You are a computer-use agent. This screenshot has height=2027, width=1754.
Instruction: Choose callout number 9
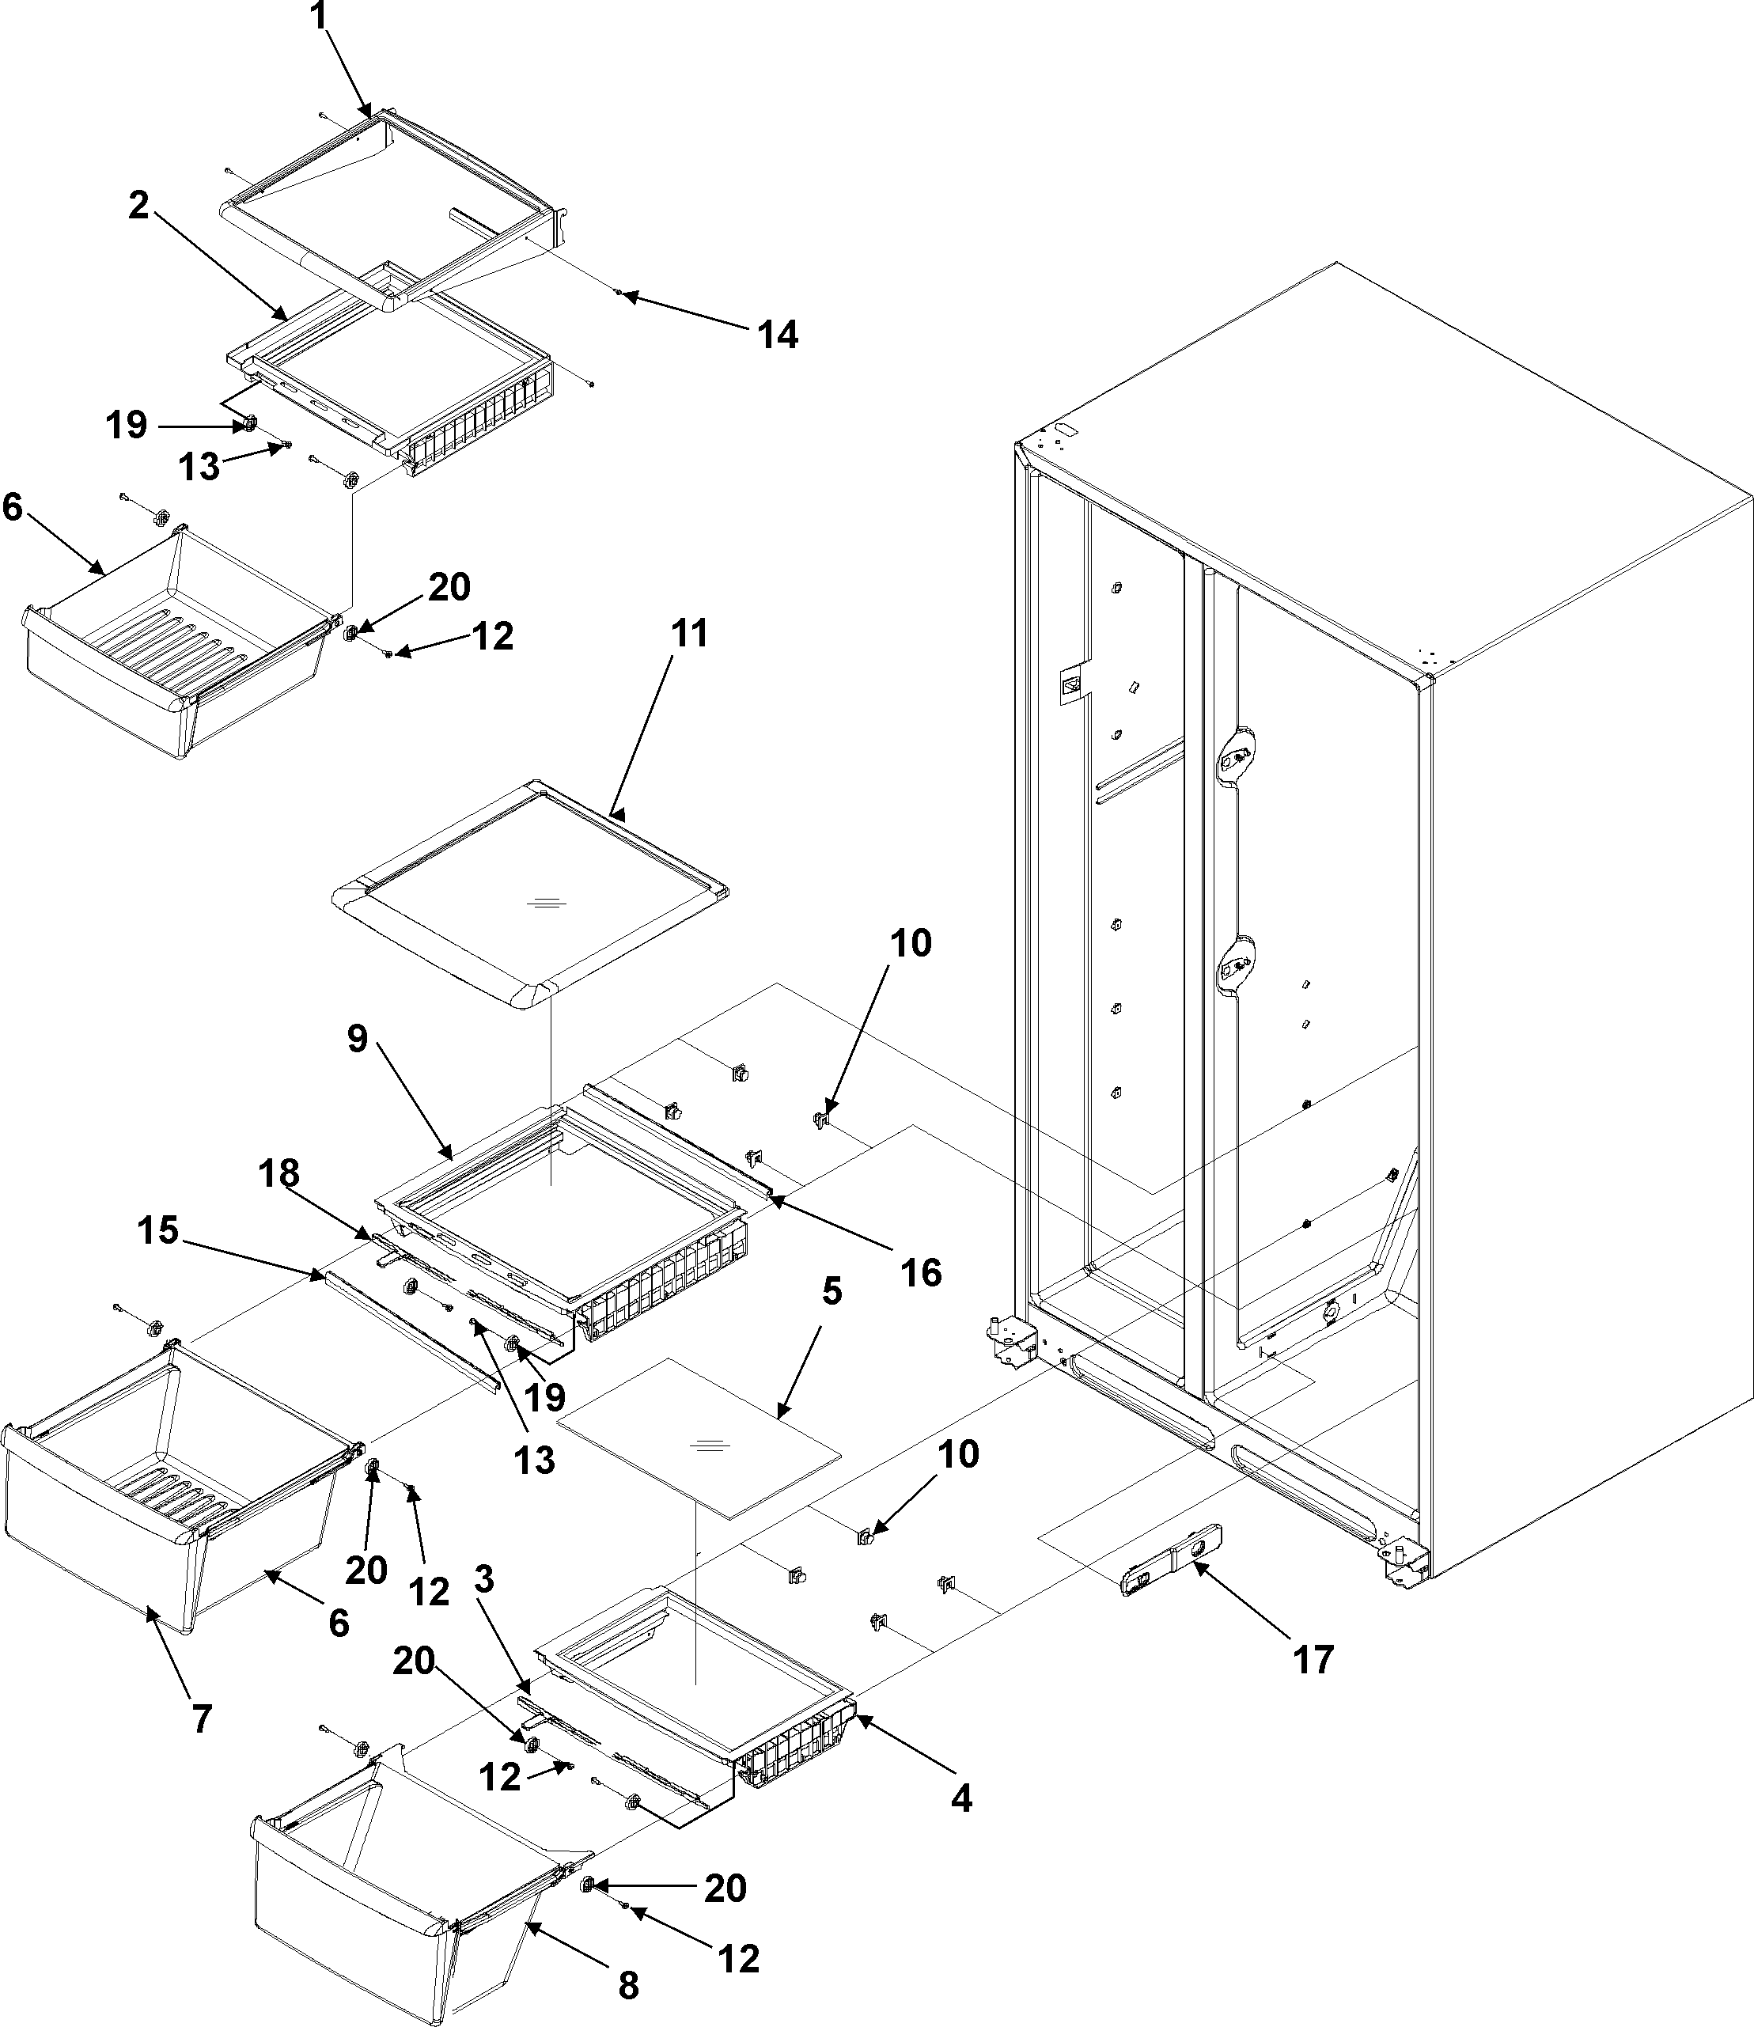358,1039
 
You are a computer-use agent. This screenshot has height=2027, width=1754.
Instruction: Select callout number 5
831,1291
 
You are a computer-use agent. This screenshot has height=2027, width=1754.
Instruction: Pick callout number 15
157,1230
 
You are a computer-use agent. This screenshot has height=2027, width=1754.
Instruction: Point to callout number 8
627,1985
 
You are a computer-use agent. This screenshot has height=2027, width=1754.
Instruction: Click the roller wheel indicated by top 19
248,424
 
